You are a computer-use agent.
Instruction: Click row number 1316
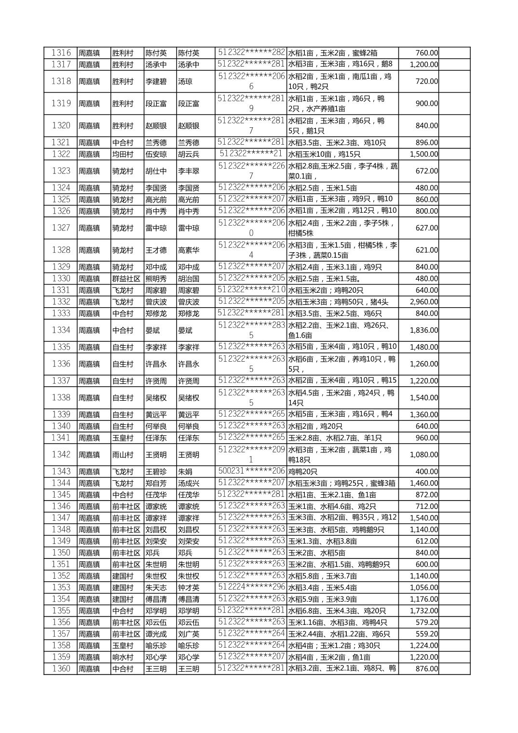[61, 53]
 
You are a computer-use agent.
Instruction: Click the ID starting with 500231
[251, 471]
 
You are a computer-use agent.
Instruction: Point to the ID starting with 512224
[251, 587]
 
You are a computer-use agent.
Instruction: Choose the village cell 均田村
[123, 154]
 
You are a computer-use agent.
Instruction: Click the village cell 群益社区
[126, 279]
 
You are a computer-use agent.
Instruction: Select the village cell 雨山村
[123, 455]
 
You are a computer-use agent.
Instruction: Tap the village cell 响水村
[123, 657]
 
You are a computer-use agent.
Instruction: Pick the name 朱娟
[185, 472]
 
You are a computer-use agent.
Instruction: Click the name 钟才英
[189, 587]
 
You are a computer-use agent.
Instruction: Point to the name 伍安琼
[156, 154]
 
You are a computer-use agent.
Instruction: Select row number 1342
[61, 455]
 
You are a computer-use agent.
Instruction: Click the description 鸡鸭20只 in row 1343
[303, 472]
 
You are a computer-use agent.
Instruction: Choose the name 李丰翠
[189, 171]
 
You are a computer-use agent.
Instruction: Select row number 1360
[61, 668]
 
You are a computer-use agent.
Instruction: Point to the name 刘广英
[189, 634]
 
